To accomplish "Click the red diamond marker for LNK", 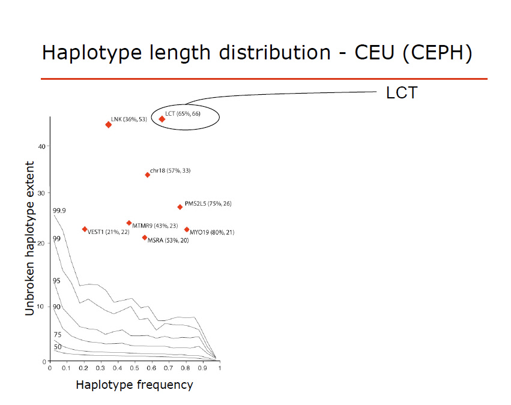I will point(108,125).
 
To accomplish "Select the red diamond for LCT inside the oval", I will point(162,119).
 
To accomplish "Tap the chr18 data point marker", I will point(148,175).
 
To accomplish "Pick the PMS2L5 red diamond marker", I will point(180,207).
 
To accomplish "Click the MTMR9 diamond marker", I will point(129,223).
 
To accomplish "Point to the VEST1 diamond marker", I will point(85,229).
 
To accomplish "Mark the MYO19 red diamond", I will point(187,229).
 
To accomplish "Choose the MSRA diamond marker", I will point(145,238).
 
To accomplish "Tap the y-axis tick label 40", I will point(43,146).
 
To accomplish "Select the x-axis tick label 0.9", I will point(202,369).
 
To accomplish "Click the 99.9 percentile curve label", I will point(59,211).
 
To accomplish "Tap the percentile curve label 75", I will point(58,335).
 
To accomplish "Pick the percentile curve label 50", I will point(58,347).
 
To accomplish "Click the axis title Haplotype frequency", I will point(135,385).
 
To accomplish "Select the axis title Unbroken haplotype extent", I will point(30,238).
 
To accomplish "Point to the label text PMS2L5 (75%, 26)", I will point(208,204).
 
